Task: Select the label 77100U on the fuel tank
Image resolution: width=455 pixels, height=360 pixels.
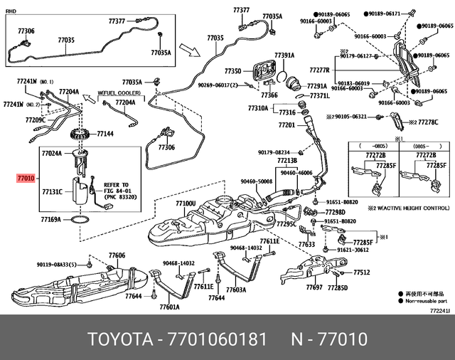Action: [x=186, y=203]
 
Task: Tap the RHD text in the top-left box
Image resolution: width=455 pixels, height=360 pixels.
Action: [x=11, y=11]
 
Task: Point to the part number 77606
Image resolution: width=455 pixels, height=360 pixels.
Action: [x=117, y=255]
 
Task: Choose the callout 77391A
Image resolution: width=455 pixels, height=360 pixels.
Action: [x=284, y=55]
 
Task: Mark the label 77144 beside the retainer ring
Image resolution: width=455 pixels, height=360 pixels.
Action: [x=105, y=133]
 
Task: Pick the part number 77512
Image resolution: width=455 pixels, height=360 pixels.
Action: [x=362, y=272]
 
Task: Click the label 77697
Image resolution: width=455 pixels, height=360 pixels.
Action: [x=314, y=288]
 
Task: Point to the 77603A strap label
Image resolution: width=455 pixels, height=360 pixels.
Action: [x=236, y=290]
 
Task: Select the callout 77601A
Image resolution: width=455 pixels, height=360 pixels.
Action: [x=169, y=307]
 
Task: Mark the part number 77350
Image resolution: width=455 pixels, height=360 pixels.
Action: [x=233, y=71]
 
